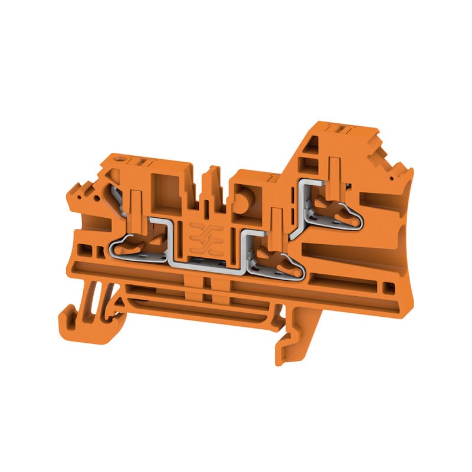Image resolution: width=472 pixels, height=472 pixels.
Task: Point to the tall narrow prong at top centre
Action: (x=207, y=183)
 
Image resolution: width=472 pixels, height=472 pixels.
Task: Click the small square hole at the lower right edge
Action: (x=388, y=288)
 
